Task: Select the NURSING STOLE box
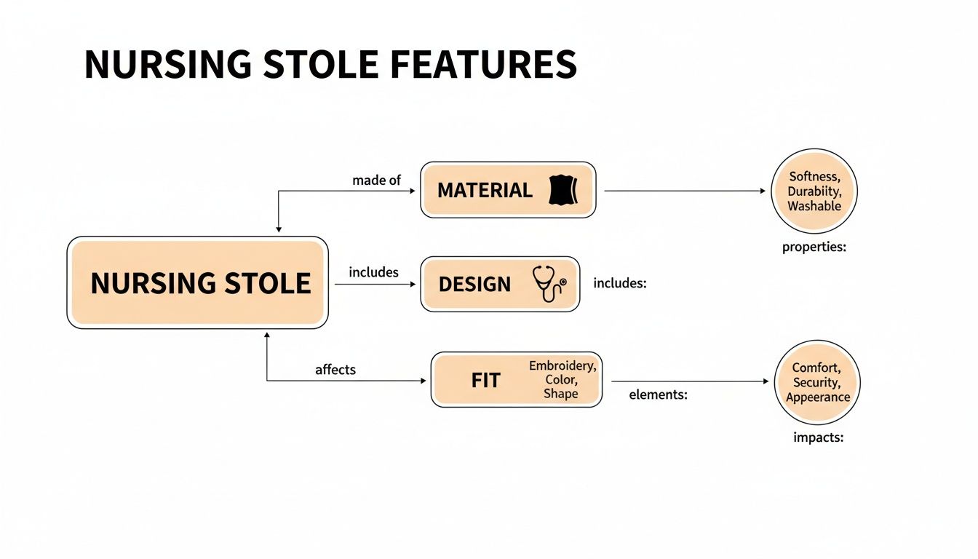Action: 197,282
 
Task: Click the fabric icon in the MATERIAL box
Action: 561,190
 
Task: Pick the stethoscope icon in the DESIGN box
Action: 549,284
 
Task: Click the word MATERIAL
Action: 485,191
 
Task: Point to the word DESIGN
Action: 474,285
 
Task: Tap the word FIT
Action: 485,380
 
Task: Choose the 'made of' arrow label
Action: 376,180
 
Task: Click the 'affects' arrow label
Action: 335,370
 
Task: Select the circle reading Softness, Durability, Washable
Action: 814,191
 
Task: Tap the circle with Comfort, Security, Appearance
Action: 817,383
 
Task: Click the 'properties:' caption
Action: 814,247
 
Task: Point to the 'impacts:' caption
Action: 818,438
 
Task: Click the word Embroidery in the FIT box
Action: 562,365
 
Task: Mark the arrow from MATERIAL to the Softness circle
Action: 684,191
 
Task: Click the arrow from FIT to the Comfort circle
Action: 688,381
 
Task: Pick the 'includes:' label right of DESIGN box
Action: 620,283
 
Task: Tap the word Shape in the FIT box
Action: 560,394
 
